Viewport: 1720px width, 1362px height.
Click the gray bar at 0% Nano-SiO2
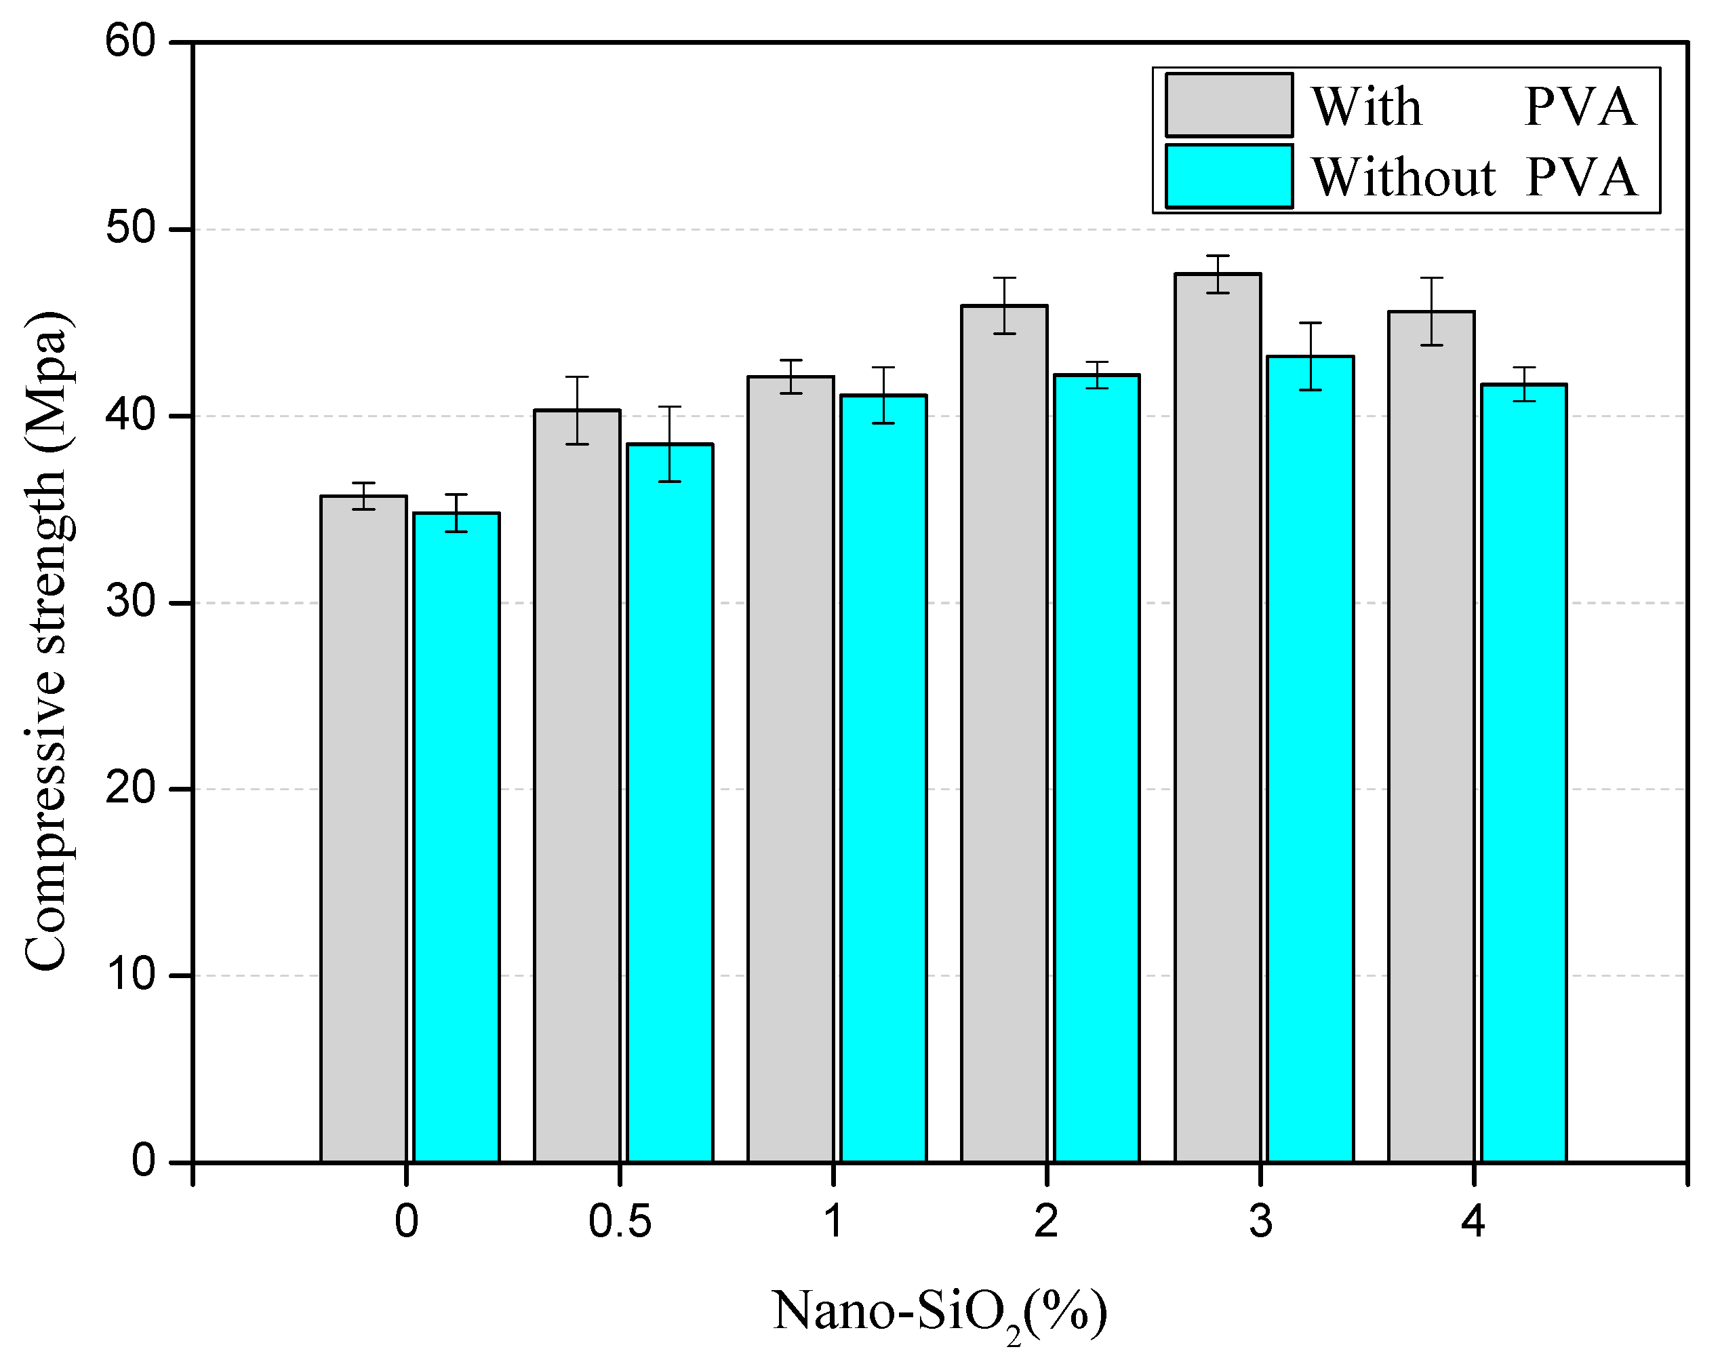pyautogui.click(x=363, y=830)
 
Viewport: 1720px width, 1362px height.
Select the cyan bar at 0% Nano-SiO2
pyautogui.click(x=457, y=837)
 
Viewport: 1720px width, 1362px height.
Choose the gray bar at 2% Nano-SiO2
pyautogui.click(x=1004, y=734)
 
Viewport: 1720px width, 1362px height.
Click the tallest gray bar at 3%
pyautogui.click(x=1218, y=718)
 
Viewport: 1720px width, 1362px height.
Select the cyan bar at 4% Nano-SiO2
pyautogui.click(x=1524, y=773)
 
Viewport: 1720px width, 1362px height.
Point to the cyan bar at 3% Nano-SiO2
pyautogui.click(x=1311, y=758)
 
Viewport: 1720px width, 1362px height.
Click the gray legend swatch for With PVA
pyautogui.click(x=1228, y=105)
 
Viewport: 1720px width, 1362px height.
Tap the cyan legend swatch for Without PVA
pyautogui.click(x=1228, y=176)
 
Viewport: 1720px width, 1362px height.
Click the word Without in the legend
pyautogui.click(x=1403, y=177)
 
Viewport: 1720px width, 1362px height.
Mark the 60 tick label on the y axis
pyautogui.click(x=130, y=41)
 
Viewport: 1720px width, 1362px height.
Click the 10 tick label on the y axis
pyautogui.click(x=130, y=975)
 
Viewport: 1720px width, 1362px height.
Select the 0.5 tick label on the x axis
pyautogui.click(x=619, y=1222)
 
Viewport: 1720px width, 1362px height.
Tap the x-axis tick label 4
pyautogui.click(x=1473, y=1222)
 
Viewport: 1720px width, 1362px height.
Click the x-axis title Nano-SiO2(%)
pyautogui.click(x=940, y=1312)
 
